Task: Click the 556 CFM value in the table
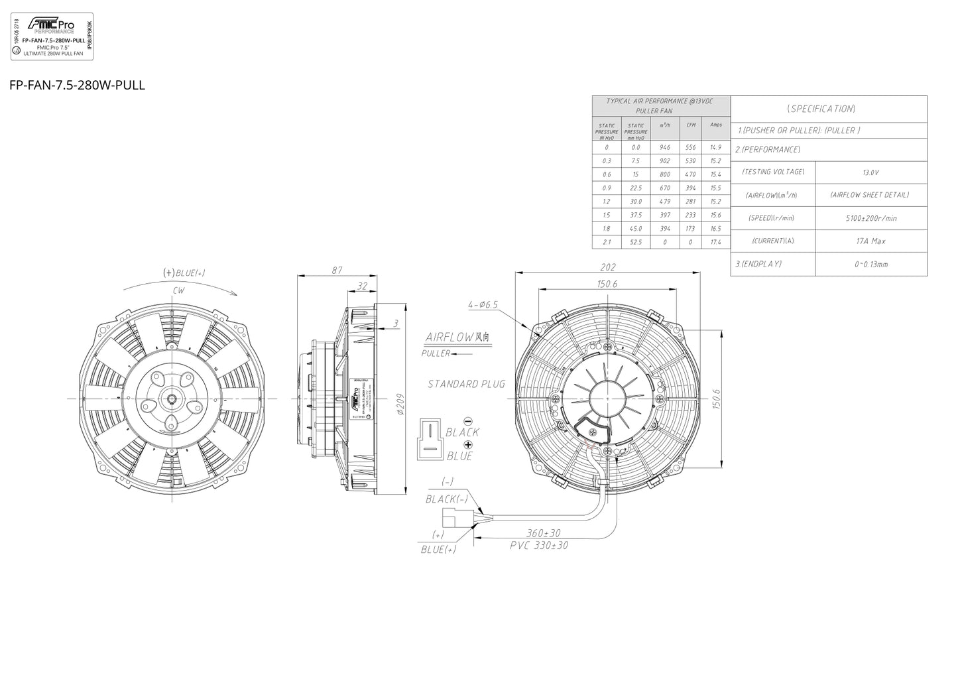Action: coord(690,147)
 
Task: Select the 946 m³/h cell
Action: coord(665,147)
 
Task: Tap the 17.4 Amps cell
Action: coord(715,242)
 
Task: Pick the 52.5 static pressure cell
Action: coord(636,242)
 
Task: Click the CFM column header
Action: coord(690,125)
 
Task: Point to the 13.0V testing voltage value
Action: coord(870,172)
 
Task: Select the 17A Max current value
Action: coord(870,241)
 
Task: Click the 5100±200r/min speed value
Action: coord(870,218)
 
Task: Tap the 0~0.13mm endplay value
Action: coord(870,264)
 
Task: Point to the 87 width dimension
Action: coord(337,270)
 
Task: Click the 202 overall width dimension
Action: coord(607,267)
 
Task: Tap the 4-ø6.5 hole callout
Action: coord(483,305)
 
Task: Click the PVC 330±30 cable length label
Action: coord(538,545)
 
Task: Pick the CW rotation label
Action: coord(178,290)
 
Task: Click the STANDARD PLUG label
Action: coord(466,384)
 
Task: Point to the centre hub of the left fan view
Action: coord(172,398)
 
